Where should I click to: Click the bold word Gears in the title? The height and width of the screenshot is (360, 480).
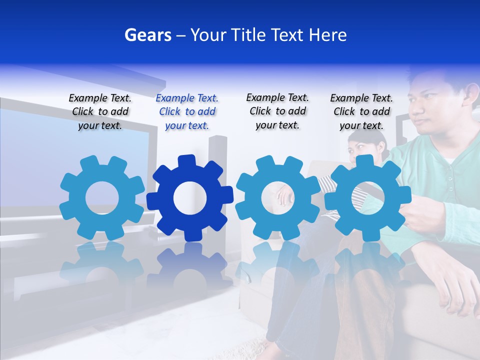coord(148,35)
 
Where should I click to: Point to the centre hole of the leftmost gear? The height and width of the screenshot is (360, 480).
coord(102,198)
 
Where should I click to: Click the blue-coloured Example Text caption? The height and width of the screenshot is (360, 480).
coord(187,112)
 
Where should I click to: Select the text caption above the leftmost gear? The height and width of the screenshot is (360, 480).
coord(100,112)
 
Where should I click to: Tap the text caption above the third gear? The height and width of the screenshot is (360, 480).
coord(277,111)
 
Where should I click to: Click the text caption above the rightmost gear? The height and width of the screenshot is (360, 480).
coord(361,112)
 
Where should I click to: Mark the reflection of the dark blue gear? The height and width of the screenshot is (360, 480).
coord(190,265)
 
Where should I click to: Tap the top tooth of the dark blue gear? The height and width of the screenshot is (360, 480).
coord(186,161)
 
